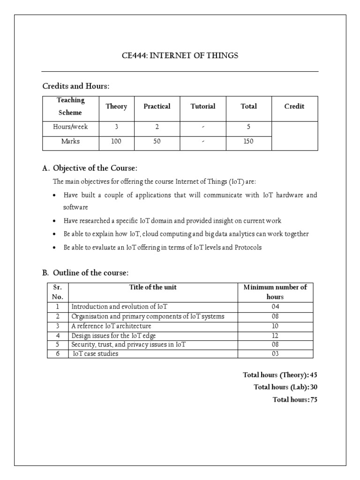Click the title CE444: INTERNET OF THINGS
[180, 56]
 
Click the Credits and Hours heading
[75, 86]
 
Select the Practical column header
[157, 106]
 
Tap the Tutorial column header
[203, 106]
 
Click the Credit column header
[294, 106]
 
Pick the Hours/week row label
[70, 127]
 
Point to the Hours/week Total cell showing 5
[248, 127]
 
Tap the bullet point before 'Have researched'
[55, 221]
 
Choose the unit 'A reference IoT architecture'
[111, 326]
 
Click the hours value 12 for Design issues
[275, 336]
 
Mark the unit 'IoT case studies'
[96, 354]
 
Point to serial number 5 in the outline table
[58, 345]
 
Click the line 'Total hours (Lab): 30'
[285, 387]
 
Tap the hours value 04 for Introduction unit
[275, 307]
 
